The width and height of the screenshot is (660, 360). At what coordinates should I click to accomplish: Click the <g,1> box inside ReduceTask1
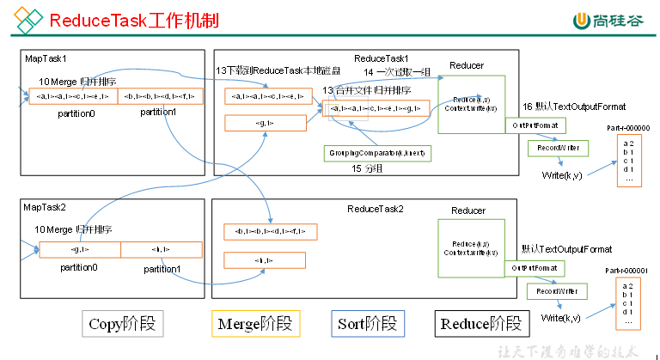pyautogui.click(x=266, y=123)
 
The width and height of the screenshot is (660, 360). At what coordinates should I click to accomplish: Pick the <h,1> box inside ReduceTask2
pyautogui.click(x=266, y=259)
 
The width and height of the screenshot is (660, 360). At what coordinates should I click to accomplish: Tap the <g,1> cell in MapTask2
pyautogui.click(x=80, y=249)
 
